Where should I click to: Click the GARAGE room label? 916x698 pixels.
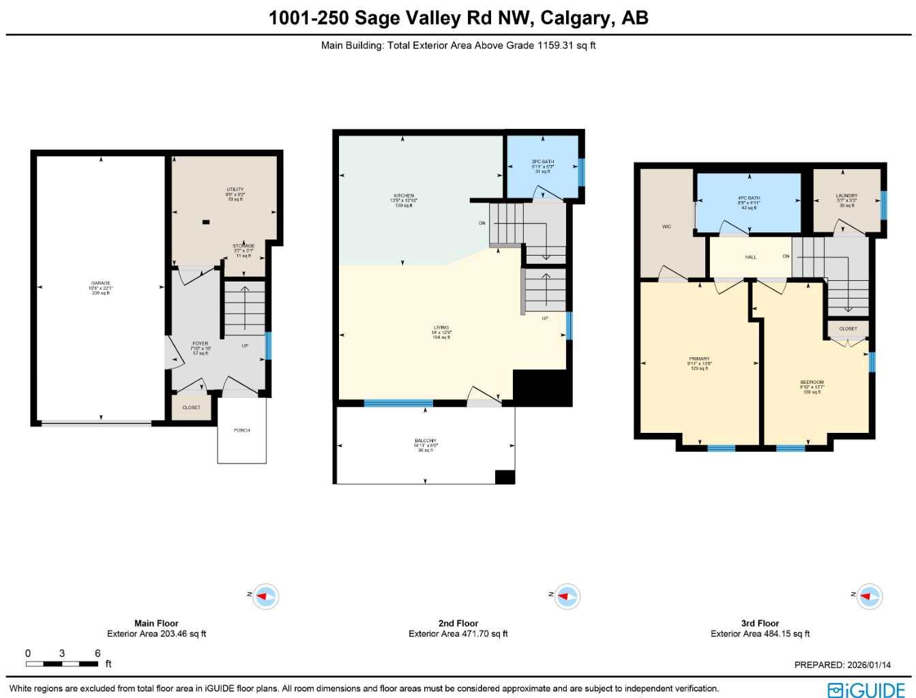pos(101,284)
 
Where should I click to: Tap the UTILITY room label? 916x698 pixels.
pos(235,190)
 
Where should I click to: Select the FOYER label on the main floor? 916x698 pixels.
pos(200,344)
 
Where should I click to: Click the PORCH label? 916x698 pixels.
pos(241,431)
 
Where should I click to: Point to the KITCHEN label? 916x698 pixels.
pos(404,196)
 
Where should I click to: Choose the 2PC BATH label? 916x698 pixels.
pos(543,162)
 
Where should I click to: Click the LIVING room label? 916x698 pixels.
pos(441,328)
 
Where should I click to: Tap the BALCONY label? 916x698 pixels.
pos(426,441)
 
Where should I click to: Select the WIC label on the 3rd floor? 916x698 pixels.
pos(666,227)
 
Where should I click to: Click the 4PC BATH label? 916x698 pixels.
pos(749,198)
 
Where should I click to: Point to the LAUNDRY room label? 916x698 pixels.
pos(846,196)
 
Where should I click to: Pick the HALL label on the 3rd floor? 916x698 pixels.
pos(750,258)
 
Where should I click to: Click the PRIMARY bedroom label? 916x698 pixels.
pos(699,359)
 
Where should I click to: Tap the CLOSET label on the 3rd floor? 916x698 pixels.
pos(848,329)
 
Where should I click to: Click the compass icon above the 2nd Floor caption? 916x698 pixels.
pos(565,597)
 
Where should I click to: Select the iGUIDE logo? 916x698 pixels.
pos(866,689)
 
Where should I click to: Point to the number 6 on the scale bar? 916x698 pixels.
pos(98,653)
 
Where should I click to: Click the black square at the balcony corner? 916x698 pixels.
pos(505,477)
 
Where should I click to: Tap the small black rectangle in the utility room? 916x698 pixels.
pos(206,222)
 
